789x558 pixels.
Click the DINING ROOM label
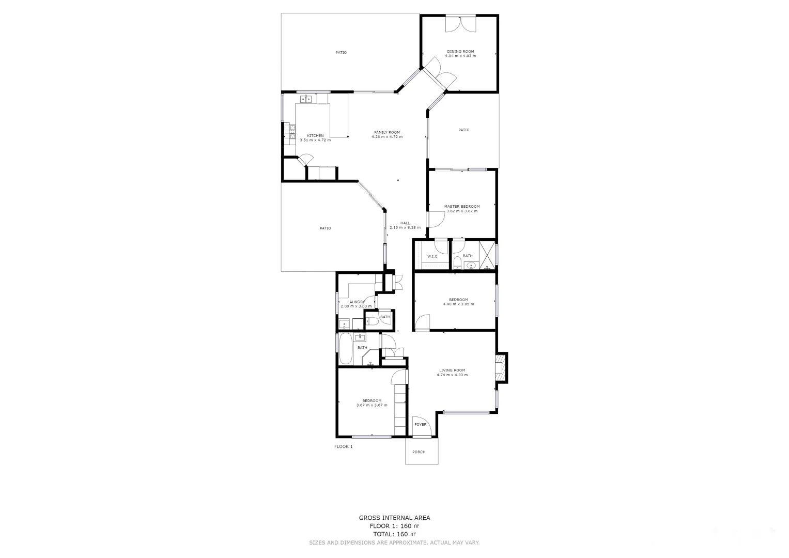coord(460,52)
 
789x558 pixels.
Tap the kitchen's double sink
coord(306,99)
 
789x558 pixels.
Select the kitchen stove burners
coord(292,132)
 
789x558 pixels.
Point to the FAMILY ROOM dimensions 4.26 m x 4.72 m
coord(386,137)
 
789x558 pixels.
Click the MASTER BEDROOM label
coord(461,207)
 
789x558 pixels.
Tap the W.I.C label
coord(432,256)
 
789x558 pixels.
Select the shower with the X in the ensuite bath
coord(487,254)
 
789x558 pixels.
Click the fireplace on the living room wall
coord(500,368)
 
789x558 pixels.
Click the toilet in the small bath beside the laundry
coord(373,322)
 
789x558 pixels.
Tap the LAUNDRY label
coord(356,302)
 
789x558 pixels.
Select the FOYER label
coord(420,425)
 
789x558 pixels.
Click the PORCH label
coord(419,452)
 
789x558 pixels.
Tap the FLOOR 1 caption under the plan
coord(344,446)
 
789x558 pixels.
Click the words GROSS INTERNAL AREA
coord(394,518)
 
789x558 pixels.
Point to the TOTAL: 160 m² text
coord(394,534)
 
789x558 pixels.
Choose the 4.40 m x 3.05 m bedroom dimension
coord(458,304)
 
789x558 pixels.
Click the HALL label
coord(405,223)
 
